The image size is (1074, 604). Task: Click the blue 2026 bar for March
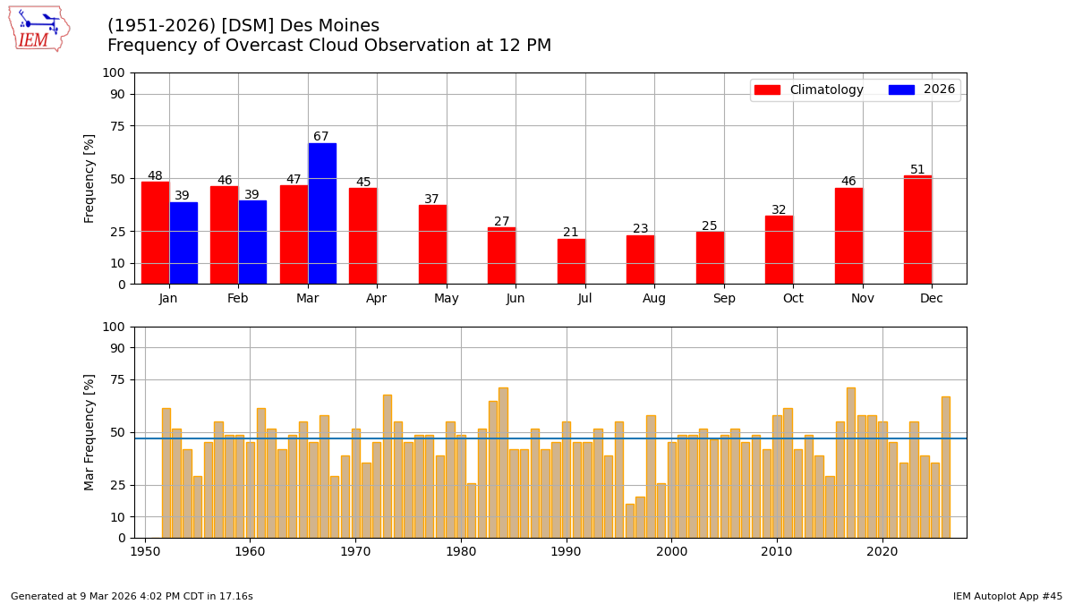322,214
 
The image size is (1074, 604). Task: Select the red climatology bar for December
917,230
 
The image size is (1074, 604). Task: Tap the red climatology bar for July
571,261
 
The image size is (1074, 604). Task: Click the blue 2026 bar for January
183,243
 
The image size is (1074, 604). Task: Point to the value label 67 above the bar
321,137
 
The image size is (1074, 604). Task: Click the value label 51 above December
917,170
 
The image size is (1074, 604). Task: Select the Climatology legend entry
809,90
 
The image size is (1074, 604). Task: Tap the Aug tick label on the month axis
654,299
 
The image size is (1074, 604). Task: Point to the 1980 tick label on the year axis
461,552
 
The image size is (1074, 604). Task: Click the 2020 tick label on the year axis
882,552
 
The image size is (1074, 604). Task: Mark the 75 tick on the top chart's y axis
117,126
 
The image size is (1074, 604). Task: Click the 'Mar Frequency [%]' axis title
89,432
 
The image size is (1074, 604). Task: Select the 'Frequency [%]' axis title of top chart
89,179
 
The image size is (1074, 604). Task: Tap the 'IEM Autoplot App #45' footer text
1007,596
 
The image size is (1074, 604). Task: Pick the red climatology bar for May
432,244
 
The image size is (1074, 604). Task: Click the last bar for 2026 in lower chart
945,467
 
